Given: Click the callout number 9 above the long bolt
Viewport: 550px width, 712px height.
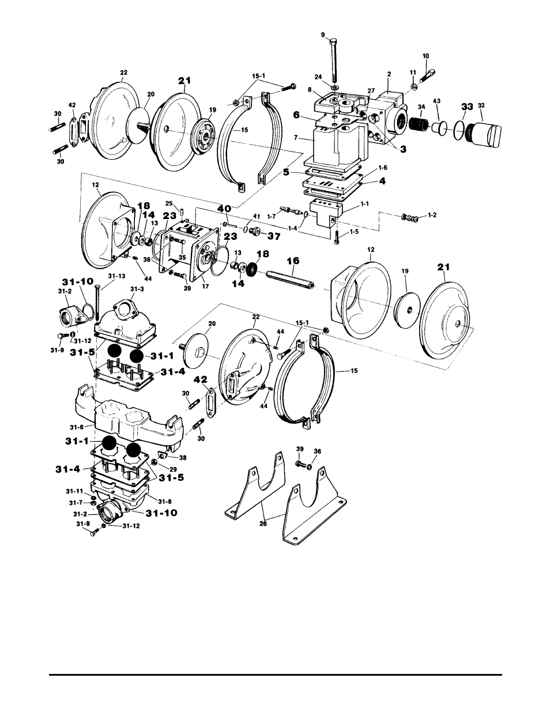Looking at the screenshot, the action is tap(323, 35).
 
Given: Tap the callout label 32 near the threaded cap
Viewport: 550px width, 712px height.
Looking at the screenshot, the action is tap(481, 106).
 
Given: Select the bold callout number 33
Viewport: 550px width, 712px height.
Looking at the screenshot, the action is tap(468, 107).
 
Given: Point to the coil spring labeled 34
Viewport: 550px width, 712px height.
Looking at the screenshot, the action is tap(419, 124).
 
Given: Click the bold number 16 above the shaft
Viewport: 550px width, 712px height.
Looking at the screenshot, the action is tap(293, 261).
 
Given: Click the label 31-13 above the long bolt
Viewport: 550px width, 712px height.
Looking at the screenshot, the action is tap(116, 276).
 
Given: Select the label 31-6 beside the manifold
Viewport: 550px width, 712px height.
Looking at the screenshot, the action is tap(77, 427).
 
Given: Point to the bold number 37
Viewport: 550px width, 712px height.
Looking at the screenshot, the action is tap(273, 236).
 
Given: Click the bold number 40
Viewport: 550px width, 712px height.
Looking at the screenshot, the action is tap(224, 208).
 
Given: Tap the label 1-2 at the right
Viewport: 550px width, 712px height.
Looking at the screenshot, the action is tap(432, 215).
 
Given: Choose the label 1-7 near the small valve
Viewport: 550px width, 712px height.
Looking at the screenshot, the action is tap(271, 217).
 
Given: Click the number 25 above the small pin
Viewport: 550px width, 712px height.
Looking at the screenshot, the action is tap(169, 203).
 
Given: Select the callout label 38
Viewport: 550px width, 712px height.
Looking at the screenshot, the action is tap(183, 458).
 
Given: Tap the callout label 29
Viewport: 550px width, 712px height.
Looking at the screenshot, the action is tap(173, 469).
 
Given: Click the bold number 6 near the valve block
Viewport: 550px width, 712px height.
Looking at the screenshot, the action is tap(296, 115).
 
